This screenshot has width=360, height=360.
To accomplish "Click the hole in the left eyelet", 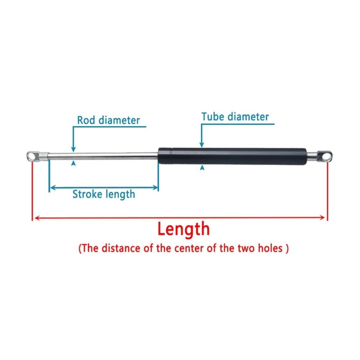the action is pos(32,156).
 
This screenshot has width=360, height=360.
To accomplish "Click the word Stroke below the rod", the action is pos(87,194).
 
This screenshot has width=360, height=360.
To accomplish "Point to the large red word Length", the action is pos(184,229).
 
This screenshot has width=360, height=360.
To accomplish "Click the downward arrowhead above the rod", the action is pos(73,149).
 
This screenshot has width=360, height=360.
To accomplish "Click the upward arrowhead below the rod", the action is pos(73,163).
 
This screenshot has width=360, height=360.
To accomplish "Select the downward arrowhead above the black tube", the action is pos(202,145).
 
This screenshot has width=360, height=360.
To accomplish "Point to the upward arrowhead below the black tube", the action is pos(202,167).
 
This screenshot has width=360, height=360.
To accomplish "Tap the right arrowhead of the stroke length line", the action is pos(156,188).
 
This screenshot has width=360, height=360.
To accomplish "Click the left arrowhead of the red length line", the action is pos(37,218).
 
